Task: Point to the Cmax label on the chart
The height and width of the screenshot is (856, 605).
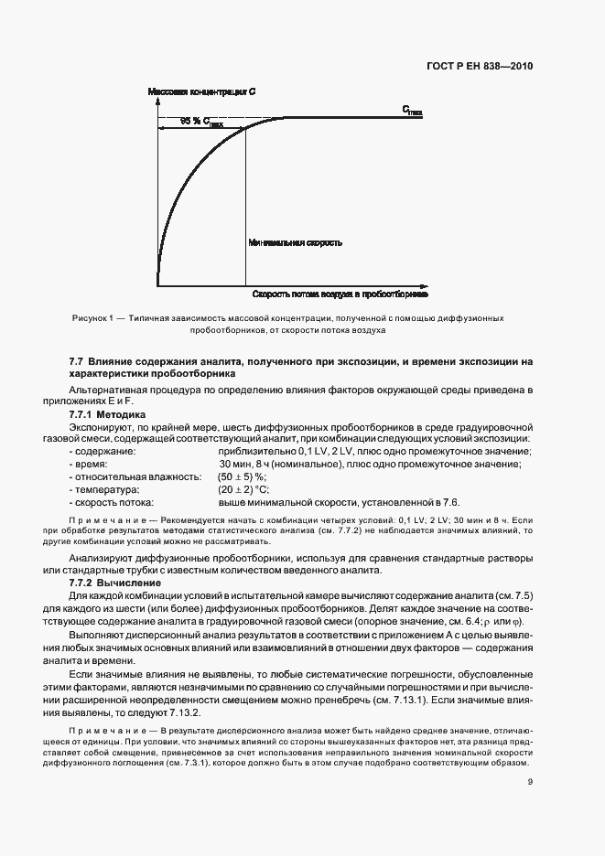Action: pos(412,110)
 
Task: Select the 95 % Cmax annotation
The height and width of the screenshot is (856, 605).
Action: pos(201,122)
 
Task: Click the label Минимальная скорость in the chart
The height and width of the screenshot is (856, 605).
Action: pos(295,243)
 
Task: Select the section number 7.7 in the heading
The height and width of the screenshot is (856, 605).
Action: pos(77,362)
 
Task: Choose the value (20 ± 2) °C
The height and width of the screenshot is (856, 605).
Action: pos(241,489)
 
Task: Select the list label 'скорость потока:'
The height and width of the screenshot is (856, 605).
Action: pos(113,502)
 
